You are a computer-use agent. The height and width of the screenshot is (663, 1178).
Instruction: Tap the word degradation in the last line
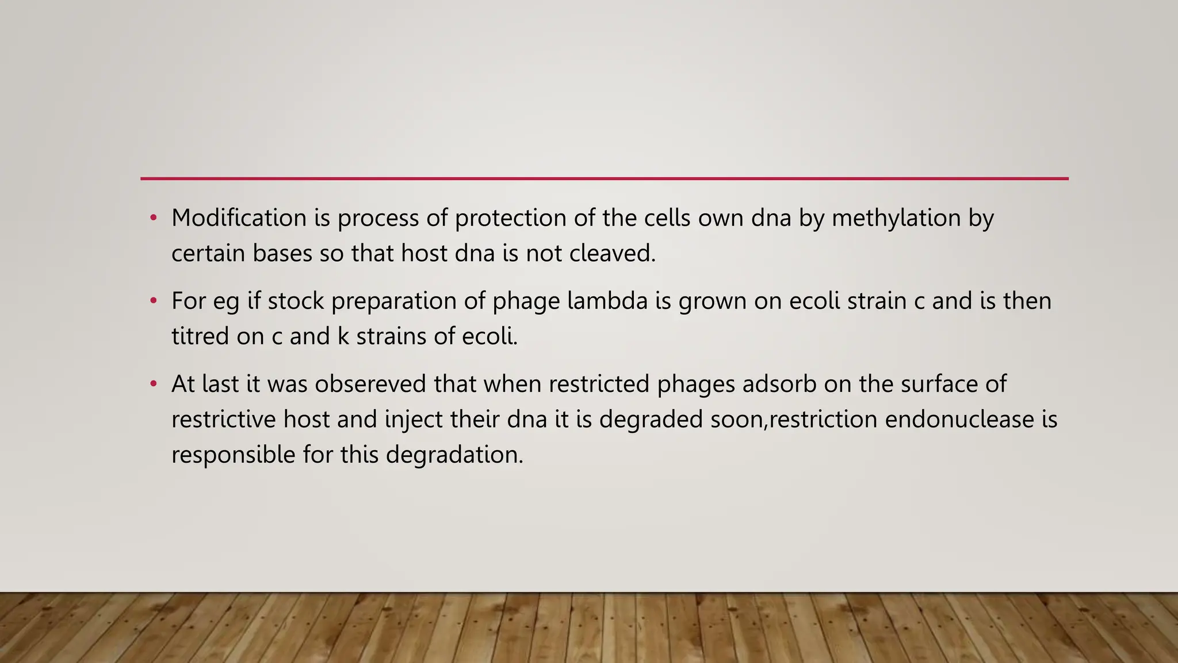coord(454,455)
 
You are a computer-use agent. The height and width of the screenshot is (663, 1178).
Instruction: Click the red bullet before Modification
coord(153,218)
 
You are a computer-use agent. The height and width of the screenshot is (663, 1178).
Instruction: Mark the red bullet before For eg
coord(153,301)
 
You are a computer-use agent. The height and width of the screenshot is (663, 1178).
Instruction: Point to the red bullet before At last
coord(153,384)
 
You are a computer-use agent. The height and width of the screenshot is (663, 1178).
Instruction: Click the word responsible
coord(234,455)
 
